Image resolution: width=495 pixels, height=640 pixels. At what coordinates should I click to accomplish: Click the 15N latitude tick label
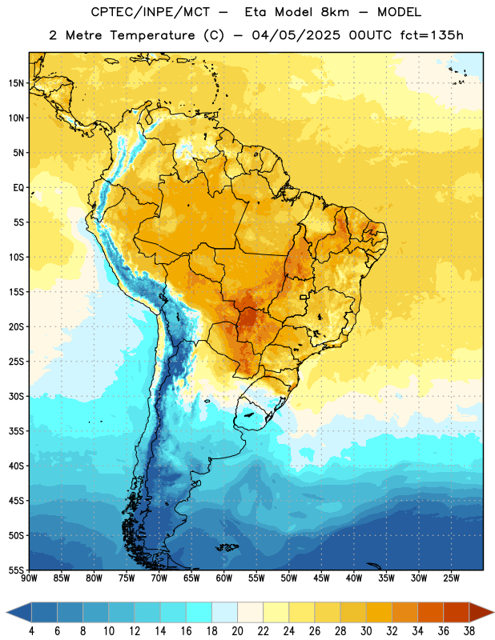point(16,83)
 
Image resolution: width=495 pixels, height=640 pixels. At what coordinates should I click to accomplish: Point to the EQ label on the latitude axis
point(18,188)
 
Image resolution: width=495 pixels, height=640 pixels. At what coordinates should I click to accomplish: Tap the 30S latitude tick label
point(16,396)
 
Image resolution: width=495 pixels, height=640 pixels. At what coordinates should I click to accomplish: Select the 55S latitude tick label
point(16,570)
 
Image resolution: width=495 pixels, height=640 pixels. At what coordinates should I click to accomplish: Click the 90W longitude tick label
point(30,578)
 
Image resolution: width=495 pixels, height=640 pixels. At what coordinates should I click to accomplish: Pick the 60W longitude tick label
point(224,578)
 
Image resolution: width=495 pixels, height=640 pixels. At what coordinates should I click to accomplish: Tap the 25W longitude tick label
point(451,578)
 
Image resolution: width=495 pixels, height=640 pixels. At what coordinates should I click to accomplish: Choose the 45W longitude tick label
point(321,578)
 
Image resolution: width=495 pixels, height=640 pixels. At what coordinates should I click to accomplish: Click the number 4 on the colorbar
point(31,631)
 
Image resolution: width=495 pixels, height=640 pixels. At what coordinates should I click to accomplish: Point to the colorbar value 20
point(237,631)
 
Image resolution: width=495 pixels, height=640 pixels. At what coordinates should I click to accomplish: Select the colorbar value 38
point(469,631)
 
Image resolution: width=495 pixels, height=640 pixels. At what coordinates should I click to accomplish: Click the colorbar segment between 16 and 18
point(199,613)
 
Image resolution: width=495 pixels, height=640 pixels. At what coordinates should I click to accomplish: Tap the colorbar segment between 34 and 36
point(431,613)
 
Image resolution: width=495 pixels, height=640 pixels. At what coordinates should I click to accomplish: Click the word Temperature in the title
point(152,35)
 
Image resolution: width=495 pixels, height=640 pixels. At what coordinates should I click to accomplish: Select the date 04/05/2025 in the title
point(296,35)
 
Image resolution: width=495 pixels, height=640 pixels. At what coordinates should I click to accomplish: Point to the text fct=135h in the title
point(432,35)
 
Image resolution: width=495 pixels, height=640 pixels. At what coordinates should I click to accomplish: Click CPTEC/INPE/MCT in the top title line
point(151,12)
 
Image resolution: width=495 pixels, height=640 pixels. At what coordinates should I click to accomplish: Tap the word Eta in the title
point(256,12)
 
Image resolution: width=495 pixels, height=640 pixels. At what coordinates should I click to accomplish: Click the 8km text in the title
point(335,12)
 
